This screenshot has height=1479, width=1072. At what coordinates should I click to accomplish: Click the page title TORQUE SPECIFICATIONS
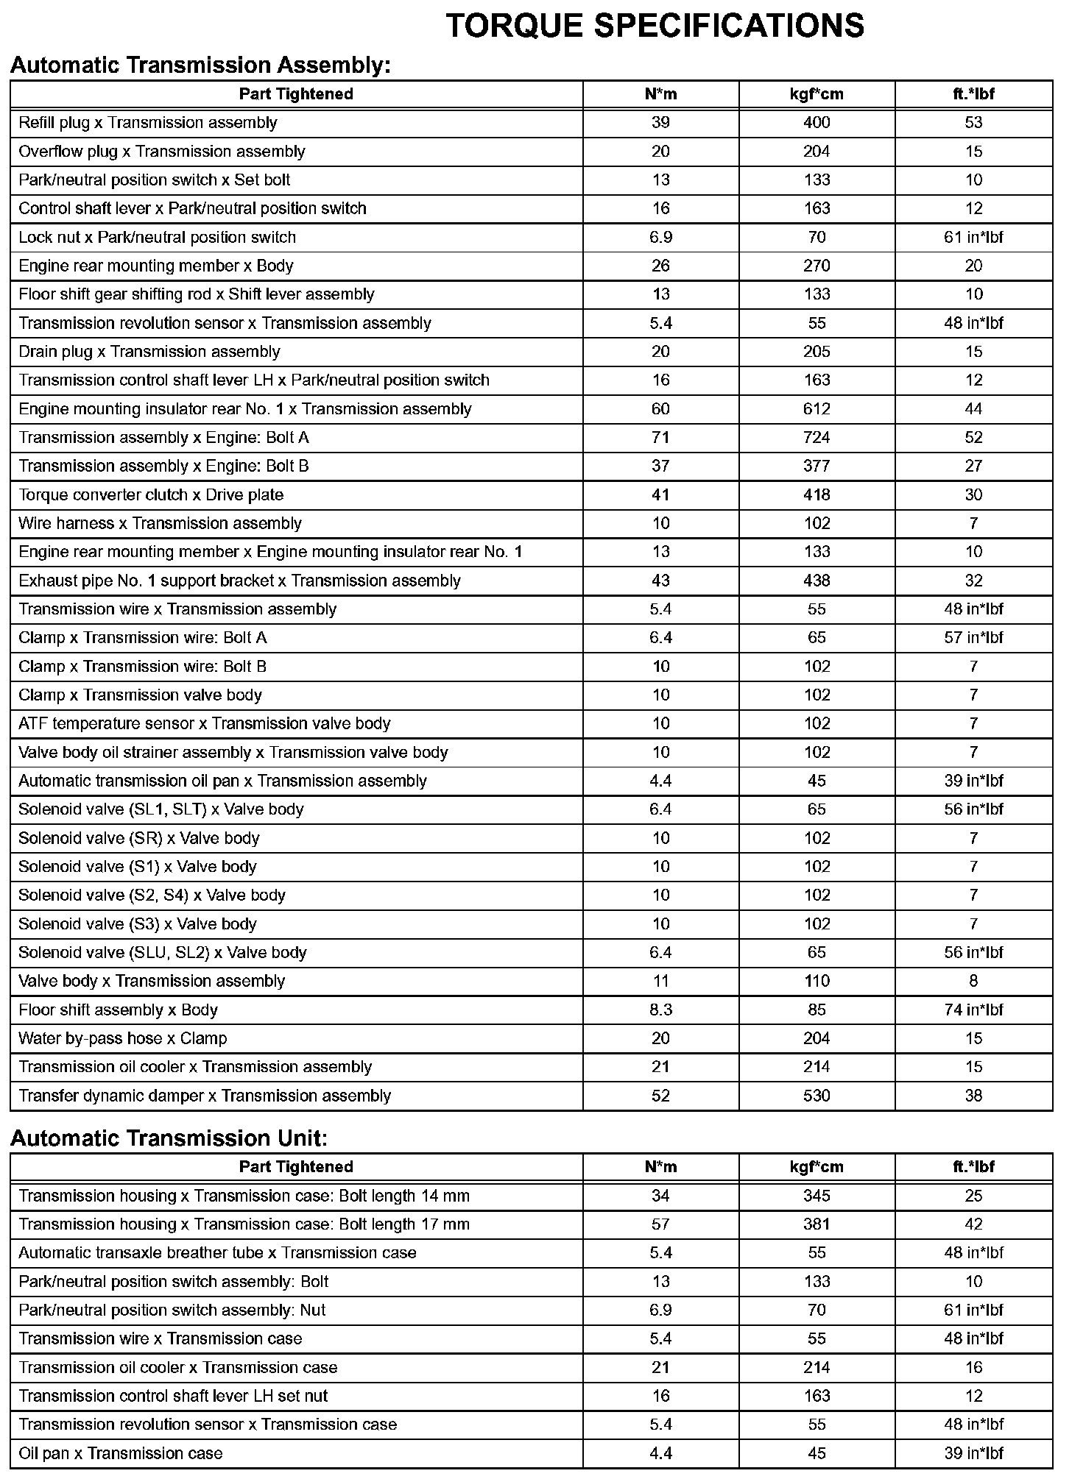655,26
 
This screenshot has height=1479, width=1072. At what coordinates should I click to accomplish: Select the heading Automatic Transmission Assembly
200,65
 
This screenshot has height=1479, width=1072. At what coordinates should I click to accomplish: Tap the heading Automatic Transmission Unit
169,1138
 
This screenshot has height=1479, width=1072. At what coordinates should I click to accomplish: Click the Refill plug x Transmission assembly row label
148,123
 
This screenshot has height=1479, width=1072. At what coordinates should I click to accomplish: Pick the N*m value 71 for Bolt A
660,438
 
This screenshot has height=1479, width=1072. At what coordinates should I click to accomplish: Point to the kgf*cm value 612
817,409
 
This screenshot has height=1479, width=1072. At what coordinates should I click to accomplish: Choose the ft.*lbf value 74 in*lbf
973,1010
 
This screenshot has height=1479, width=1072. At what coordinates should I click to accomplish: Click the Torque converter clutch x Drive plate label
151,495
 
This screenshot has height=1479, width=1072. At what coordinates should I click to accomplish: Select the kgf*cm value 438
817,581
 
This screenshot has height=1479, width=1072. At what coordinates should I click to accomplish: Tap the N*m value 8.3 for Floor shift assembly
660,1010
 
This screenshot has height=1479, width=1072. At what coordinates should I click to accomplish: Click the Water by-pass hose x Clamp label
123,1039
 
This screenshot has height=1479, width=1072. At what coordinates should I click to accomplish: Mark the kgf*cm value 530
817,1096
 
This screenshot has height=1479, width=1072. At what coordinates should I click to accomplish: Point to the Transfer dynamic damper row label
205,1096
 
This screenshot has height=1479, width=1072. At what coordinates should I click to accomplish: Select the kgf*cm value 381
817,1224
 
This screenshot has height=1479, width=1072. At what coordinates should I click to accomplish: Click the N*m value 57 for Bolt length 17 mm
660,1224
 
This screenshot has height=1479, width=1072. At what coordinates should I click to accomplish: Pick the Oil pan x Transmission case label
121,1453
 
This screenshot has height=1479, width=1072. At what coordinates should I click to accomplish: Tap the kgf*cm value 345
817,1196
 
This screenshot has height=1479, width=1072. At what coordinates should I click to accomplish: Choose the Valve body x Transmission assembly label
152,982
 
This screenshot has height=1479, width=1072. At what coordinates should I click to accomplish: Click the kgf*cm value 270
817,266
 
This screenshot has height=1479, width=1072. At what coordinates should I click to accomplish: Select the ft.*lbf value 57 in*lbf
973,638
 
